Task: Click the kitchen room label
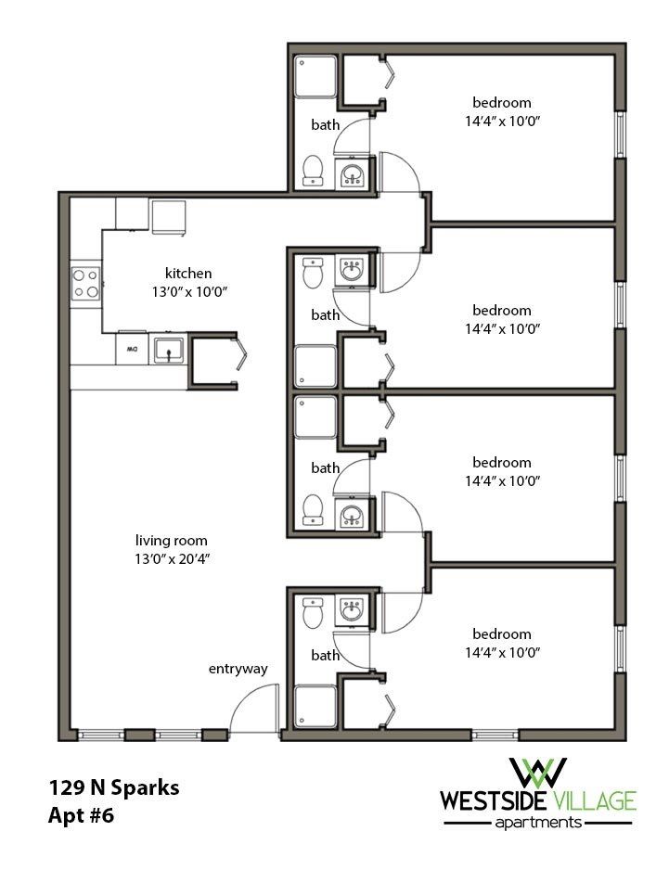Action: tap(188, 274)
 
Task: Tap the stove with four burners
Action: tap(86, 283)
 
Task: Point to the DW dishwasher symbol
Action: tap(131, 350)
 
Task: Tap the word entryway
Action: tap(238, 669)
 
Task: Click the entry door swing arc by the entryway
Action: tap(251, 706)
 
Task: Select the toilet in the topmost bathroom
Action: tap(313, 170)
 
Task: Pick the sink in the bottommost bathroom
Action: tap(352, 610)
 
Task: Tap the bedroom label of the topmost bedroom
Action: tap(502, 102)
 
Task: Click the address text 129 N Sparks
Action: tap(114, 788)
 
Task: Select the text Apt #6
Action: tap(85, 816)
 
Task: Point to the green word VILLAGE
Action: tap(597, 799)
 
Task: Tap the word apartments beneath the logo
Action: tap(538, 822)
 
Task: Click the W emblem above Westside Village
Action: tap(539, 772)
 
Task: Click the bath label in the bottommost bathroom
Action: tap(326, 655)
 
